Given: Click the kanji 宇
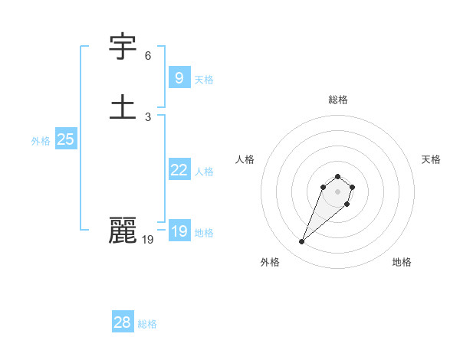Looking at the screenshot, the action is [x=123, y=48].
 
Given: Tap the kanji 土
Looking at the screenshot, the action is [x=123, y=107].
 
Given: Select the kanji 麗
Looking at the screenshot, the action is [x=123, y=231].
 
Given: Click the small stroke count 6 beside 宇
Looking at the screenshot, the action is [x=148, y=56].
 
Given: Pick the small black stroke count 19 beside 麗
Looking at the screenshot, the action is [x=148, y=240].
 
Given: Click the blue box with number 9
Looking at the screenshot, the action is [x=179, y=78].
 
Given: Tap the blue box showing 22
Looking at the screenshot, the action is [x=179, y=170].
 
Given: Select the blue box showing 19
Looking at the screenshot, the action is [x=179, y=231].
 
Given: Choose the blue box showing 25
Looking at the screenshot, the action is [x=65, y=139].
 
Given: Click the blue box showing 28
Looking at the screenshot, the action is [x=122, y=322].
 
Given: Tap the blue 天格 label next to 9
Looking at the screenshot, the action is [x=204, y=80].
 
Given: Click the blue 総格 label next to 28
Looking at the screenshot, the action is [x=147, y=324].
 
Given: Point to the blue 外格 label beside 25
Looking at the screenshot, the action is [x=41, y=141].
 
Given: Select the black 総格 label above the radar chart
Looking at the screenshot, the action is [x=338, y=100].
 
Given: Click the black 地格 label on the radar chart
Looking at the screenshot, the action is [x=402, y=262].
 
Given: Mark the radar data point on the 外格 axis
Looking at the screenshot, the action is [x=301, y=242].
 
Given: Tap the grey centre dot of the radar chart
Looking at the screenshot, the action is [x=338, y=191].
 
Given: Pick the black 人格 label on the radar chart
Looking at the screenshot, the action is [x=245, y=159].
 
